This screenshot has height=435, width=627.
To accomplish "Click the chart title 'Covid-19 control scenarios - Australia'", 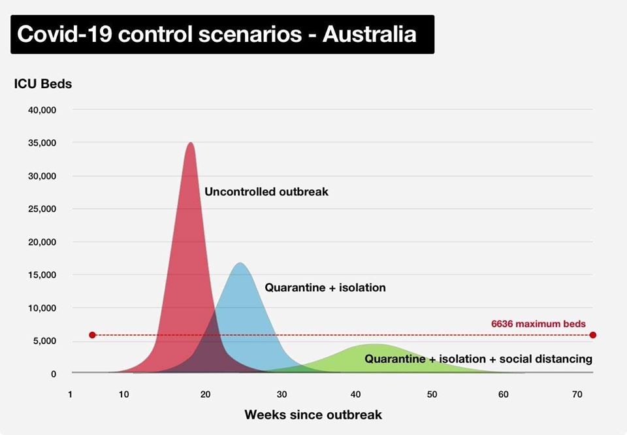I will (x=216, y=34).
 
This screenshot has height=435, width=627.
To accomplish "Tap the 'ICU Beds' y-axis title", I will (x=42, y=84).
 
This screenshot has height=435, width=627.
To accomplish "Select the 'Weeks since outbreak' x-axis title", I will (x=313, y=415).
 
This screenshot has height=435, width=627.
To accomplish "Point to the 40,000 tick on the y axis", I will (x=42, y=110).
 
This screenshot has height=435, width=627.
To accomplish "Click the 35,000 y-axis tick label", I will (x=42, y=143).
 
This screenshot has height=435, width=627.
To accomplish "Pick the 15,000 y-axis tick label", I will (x=42, y=275).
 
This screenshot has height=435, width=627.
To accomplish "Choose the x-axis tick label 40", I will (x=356, y=395).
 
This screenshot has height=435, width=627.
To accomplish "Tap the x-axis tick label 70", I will (x=577, y=395).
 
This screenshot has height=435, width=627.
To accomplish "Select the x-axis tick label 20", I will (x=205, y=395).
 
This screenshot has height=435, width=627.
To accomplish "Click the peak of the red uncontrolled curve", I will (x=190, y=143).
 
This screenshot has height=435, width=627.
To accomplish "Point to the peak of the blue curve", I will (x=240, y=263).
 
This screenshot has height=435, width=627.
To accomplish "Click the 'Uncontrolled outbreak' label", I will (x=266, y=192).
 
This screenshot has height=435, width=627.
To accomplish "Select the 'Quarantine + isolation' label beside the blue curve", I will (x=325, y=287).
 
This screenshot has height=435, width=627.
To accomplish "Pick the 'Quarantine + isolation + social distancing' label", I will (x=478, y=359).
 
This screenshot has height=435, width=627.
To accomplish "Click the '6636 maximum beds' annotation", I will (x=538, y=323).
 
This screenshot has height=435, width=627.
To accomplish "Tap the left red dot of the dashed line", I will (x=92, y=335).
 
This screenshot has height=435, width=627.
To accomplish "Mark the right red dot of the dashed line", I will (x=593, y=335).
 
